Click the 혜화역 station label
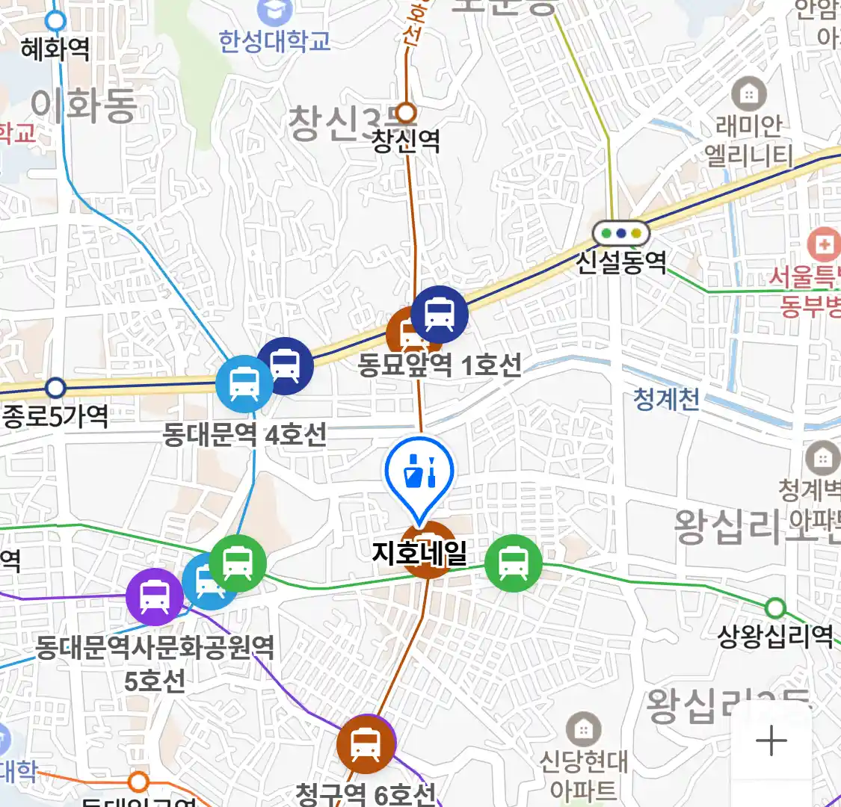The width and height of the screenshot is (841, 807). (x=55, y=49)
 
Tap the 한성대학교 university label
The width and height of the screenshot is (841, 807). (x=274, y=40)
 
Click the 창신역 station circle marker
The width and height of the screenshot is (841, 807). (x=405, y=113)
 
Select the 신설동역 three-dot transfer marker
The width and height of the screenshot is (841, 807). (x=620, y=233)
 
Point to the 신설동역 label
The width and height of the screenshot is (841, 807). (x=621, y=262)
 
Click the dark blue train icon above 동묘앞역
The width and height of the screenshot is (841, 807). (x=440, y=314)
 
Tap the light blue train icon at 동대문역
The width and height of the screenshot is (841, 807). (x=244, y=383)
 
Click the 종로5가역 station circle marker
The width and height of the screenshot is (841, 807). (x=55, y=388)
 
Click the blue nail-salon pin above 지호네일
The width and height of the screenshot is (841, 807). (x=419, y=474)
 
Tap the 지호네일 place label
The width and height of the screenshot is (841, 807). (x=419, y=554)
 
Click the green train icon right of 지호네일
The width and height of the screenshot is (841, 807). (x=513, y=563)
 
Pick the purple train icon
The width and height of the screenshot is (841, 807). (x=154, y=596)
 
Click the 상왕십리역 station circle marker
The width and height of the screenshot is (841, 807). (x=775, y=607)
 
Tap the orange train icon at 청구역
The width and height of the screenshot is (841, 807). (x=366, y=743)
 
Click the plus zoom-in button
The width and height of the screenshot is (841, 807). (x=771, y=741)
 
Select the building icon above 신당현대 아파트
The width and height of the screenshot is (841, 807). (x=583, y=729)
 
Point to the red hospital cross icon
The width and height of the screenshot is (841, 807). (x=825, y=244)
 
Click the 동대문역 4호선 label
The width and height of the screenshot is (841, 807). (x=245, y=434)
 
